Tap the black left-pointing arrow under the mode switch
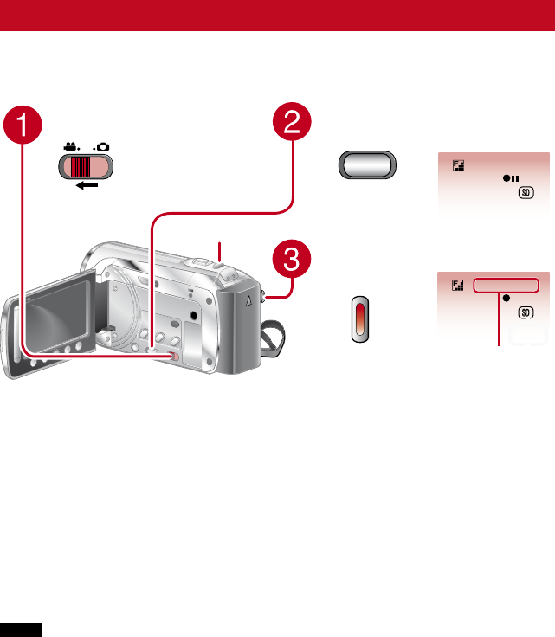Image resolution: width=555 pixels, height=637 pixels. click(x=86, y=184)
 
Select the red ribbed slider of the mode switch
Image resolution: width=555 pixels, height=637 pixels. click(x=81, y=166)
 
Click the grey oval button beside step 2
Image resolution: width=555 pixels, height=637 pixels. click(x=365, y=166)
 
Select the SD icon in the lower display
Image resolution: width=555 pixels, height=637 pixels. click(x=525, y=312)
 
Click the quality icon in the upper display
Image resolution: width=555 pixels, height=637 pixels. click(x=458, y=163)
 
